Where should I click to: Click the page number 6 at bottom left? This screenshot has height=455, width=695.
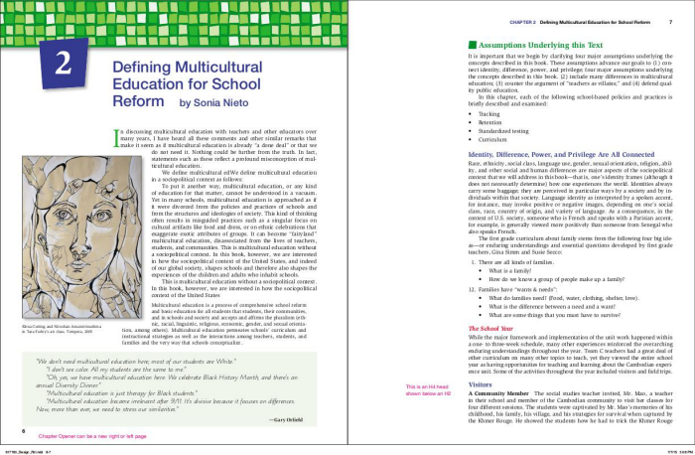(x=23, y=432)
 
